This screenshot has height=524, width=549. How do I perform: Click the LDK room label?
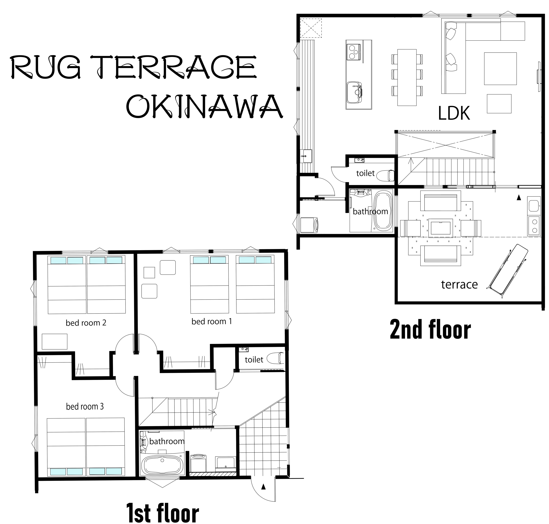coord(454,113)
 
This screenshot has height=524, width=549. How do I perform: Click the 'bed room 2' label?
coord(86,323)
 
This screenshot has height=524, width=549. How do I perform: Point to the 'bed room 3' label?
coord(85,406)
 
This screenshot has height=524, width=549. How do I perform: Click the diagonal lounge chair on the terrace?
coord(508,271)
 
